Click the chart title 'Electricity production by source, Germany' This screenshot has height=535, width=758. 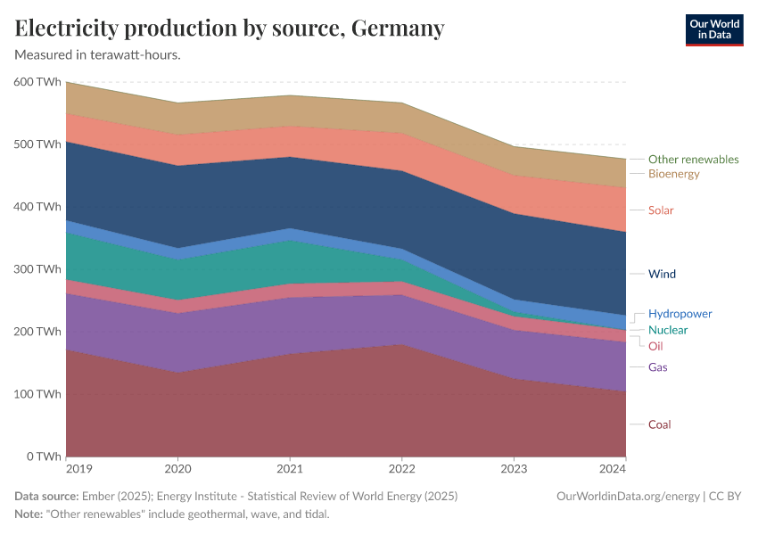[x=229, y=29]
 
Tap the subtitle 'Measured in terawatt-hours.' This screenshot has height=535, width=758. [x=98, y=55]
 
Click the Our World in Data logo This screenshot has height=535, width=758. [x=713, y=29]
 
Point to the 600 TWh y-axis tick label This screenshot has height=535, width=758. [x=37, y=82]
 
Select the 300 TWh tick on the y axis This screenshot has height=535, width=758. [x=37, y=269]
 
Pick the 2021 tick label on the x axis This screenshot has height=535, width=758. [x=290, y=468]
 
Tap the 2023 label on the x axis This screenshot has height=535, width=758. [x=514, y=468]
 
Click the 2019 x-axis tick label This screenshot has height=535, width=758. [x=67, y=468]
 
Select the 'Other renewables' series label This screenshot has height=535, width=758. [x=693, y=160]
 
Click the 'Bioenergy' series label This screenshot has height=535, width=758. [x=673, y=174]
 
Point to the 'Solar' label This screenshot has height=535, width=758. [x=661, y=210]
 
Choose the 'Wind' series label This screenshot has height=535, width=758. [x=662, y=274]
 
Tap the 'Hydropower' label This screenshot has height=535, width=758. [x=680, y=314]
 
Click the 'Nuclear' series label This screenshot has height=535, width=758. [x=668, y=330]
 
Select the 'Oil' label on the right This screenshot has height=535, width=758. [x=655, y=346]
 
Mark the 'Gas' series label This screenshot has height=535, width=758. [x=657, y=367]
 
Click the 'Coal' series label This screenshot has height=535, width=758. [x=659, y=424]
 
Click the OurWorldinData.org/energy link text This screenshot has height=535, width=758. [x=627, y=497]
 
